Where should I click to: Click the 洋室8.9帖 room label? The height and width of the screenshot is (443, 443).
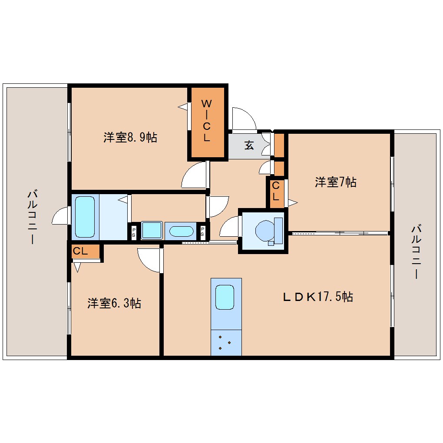[130, 138]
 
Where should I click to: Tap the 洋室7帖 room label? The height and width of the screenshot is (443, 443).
[335, 182]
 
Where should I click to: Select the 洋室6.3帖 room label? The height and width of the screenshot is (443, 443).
[114, 303]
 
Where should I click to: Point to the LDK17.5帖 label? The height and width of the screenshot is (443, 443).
[317, 297]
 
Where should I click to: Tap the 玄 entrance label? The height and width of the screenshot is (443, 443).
[248, 145]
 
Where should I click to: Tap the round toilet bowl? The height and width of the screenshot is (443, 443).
[264, 230]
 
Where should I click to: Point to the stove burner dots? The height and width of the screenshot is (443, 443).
[225, 342]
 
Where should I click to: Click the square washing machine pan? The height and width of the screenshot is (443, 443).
[152, 230]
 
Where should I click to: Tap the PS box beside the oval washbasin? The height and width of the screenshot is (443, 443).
[202, 232]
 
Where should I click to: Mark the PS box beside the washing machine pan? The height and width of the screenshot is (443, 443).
[133, 232]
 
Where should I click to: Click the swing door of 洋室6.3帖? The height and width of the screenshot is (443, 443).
[149, 260]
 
